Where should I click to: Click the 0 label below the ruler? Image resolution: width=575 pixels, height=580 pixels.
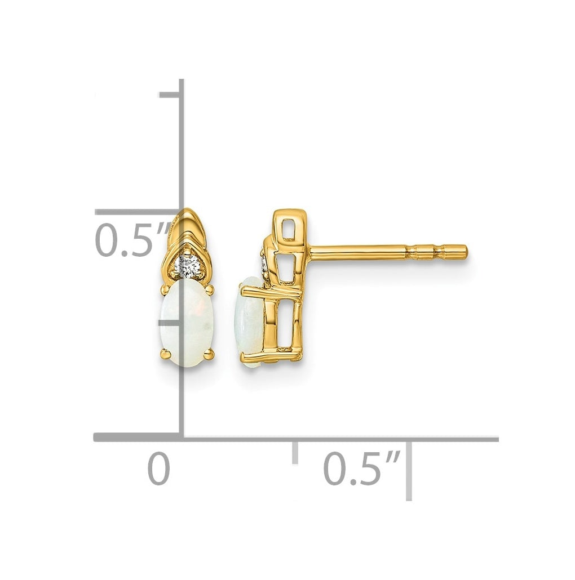tap(159, 469)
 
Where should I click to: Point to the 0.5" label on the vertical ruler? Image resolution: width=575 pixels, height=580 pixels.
tap(133, 240)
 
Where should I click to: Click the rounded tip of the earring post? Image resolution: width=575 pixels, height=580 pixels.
tap(465, 252)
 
